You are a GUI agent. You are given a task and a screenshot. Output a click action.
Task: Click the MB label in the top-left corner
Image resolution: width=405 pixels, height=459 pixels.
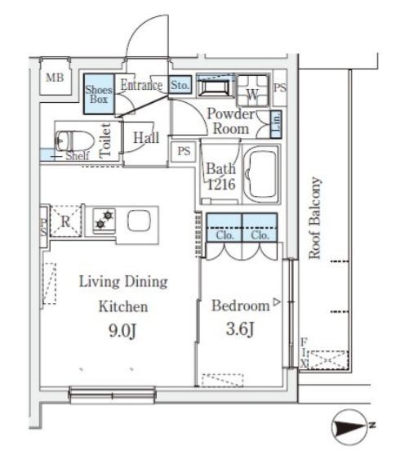55,78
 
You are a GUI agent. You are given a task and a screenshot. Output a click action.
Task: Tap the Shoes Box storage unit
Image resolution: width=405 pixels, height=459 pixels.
99,94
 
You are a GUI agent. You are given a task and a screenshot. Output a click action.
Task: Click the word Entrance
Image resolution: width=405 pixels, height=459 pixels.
141,85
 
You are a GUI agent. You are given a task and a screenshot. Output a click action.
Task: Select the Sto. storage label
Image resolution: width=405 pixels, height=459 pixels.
180,85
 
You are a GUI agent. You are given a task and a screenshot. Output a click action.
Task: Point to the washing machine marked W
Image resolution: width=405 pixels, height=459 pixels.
252,91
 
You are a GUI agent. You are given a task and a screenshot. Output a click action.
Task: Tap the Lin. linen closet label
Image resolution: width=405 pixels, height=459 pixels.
276,124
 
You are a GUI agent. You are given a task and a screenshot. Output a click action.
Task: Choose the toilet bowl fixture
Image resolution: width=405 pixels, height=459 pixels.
74,140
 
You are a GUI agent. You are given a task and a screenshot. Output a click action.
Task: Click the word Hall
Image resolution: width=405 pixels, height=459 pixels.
146,137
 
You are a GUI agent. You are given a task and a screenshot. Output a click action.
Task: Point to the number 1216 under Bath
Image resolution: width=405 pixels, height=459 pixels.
221,184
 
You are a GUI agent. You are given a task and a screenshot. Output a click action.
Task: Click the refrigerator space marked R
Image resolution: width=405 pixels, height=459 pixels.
65,221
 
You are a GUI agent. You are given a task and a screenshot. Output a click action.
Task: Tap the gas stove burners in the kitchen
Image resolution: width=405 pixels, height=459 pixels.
105,220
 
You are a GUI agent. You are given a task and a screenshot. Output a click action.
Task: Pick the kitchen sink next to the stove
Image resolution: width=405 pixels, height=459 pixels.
139,221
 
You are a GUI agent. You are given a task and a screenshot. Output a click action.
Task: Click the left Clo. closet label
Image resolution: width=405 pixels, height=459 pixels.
225,235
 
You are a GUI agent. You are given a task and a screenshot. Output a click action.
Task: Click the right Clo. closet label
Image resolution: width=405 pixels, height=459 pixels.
260,235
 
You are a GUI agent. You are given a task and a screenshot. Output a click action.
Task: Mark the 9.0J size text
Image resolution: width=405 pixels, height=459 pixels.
122,332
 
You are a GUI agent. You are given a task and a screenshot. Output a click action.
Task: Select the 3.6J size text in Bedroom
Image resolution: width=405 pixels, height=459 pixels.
240,329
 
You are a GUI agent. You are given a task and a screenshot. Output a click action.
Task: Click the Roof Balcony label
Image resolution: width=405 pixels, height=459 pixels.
315,218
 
